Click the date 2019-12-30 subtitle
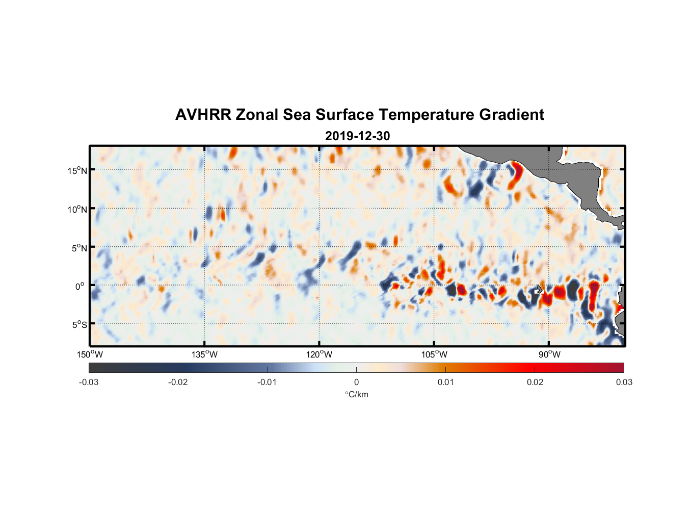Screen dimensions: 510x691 (357, 136)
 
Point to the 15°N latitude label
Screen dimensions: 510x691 (77, 170)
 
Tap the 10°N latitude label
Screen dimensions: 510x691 (77, 209)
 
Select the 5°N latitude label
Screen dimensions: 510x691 (79, 248)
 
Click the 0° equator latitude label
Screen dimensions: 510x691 (80, 286)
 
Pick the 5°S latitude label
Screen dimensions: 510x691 (79, 324)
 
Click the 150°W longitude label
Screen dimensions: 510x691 (90, 354)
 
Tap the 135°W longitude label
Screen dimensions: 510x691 (204, 354)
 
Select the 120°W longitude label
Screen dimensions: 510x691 (319, 354)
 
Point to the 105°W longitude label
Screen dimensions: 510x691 (434, 354)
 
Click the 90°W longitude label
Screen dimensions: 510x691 (549, 354)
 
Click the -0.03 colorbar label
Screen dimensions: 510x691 (89, 382)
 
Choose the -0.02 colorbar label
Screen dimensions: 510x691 (178, 382)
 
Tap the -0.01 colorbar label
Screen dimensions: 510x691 (267, 382)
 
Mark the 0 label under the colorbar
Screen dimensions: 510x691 (356, 382)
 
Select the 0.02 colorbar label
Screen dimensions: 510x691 (535, 382)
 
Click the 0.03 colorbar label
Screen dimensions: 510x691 (624, 382)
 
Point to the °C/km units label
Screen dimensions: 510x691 (356, 394)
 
